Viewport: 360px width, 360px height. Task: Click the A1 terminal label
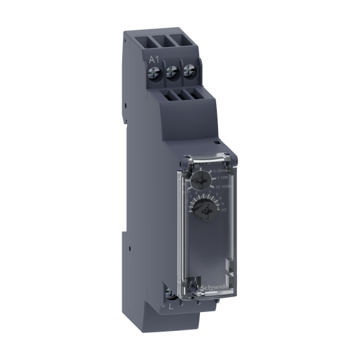pyautogui.click(x=153, y=59)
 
